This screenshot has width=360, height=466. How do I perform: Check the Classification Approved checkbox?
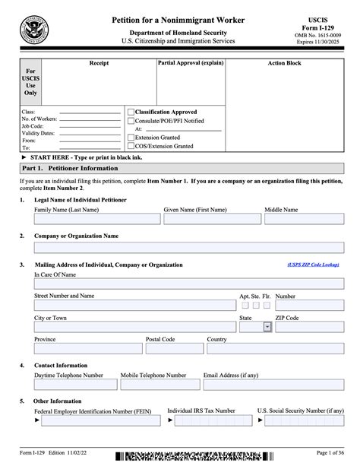pos(131,112)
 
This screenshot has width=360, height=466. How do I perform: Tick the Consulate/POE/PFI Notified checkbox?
pos(131,121)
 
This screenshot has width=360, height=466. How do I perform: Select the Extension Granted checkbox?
pos(131,138)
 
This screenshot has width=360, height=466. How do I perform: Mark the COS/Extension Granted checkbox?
pos(131,146)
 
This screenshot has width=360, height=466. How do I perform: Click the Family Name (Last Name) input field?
pos(97,219)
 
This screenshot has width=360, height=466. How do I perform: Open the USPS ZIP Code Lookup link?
pos(314,265)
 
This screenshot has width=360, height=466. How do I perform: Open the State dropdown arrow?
pos(267,327)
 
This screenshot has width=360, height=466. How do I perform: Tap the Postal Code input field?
pos(173,348)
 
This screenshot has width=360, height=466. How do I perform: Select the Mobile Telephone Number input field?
pos(159,385)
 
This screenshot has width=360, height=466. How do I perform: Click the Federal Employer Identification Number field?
pos(97,419)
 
